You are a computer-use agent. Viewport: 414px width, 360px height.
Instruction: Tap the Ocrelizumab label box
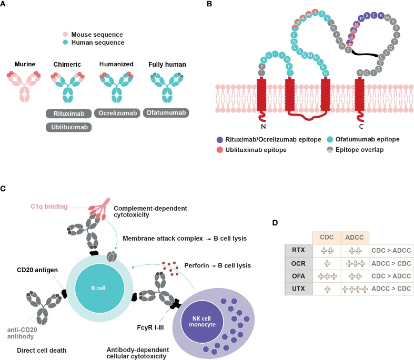click(119, 113)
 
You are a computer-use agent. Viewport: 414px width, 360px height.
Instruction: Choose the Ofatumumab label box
click(166, 113)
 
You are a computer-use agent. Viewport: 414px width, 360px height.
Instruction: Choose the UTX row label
click(299, 288)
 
